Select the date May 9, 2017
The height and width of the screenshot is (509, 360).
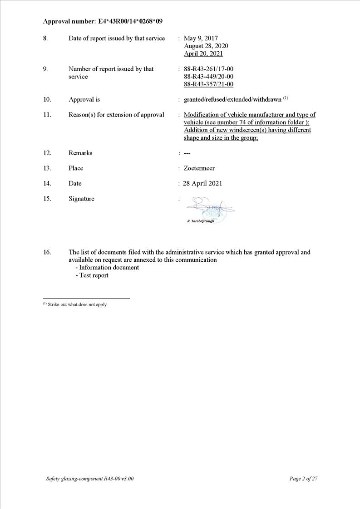201,39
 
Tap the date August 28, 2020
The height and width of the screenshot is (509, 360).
206,46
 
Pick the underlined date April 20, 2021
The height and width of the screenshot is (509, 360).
203,54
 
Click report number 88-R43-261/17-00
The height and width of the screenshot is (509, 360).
208,69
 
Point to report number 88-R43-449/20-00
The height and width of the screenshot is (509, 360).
208,77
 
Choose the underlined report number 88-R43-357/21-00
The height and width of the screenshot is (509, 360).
208,84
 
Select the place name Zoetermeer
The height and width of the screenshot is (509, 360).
199,168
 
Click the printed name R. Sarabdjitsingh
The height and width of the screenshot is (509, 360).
201,221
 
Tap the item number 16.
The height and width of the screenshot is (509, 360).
47,252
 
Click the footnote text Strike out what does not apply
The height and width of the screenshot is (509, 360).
77,304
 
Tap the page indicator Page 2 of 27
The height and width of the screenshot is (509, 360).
303,479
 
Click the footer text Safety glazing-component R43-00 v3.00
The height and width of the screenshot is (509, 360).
90,479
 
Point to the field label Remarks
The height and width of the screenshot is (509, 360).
80,153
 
